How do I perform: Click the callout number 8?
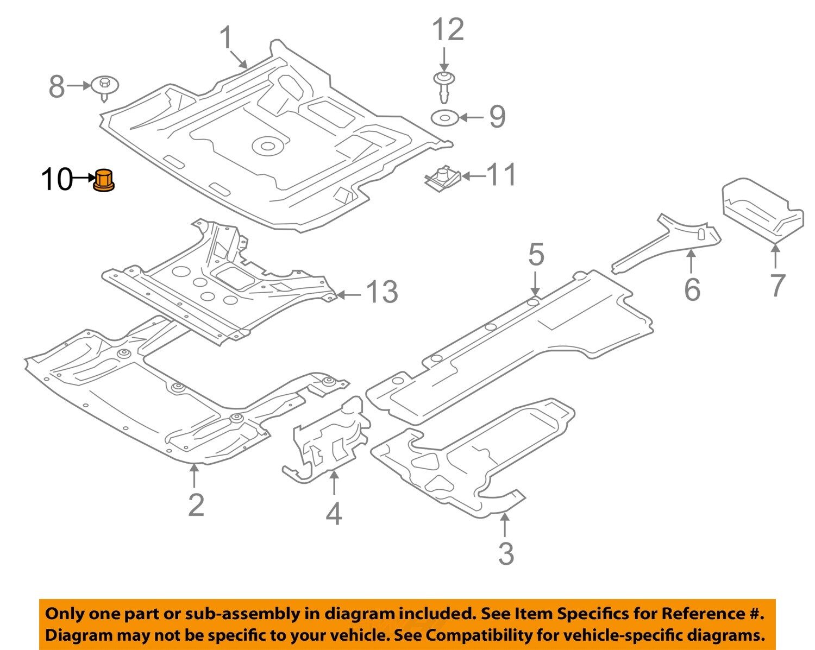click(57, 87)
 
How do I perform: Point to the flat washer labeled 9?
click(445, 117)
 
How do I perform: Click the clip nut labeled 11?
click(442, 178)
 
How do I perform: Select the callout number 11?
click(501, 175)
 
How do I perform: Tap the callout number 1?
click(226, 39)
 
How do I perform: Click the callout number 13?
click(383, 293)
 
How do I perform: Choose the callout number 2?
click(196, 505)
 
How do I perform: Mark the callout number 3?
click(506, 554)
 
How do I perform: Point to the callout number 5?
click(536, 255)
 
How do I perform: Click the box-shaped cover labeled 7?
click(761, 209)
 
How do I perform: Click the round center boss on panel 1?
click(267, 146)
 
